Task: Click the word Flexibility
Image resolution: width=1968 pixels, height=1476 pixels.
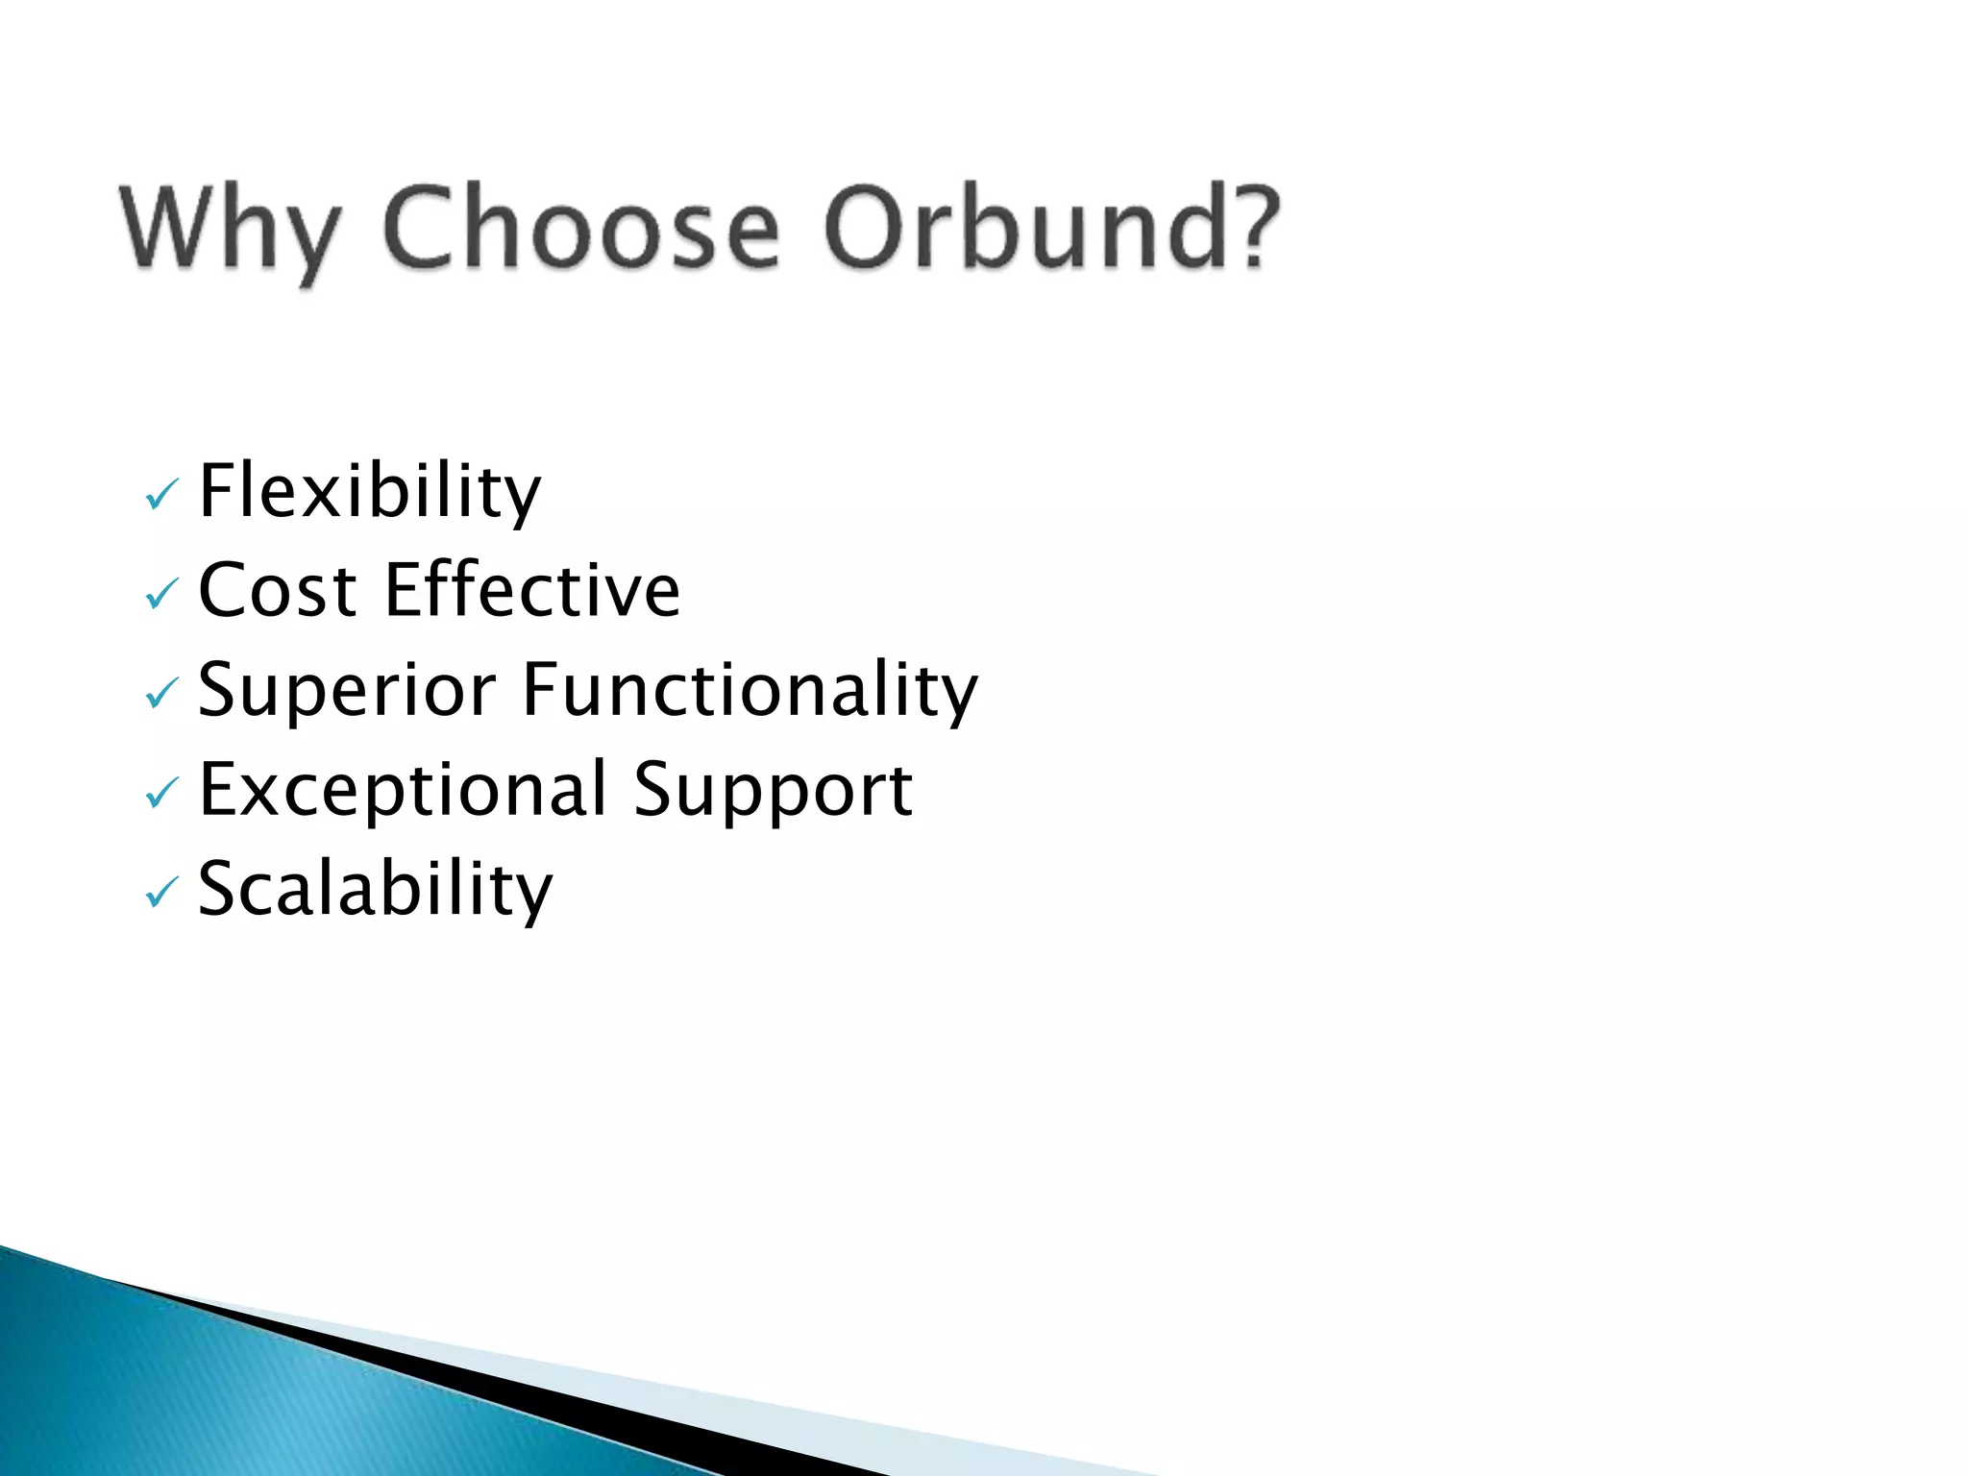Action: pyautogui.click(x=369, y=492)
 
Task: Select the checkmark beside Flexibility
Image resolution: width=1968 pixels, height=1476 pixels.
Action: pyautogui.click(x=160, y=496)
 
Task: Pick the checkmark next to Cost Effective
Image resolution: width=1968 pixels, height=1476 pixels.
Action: pyautogui.click(x=160, y=595)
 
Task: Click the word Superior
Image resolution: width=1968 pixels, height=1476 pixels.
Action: pyautogui.click(x=346, y=690)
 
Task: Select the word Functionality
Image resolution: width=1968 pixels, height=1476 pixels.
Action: pyautogui.click(x=750, y=690)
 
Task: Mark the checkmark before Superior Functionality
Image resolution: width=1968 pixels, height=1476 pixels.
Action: pyautogui.click(x=160, y=694)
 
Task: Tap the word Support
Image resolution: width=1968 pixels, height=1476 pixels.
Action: pyautogui.click(x=773, y=790)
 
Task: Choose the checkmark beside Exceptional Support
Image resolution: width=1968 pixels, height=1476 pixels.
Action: pyautogui.click(x=160, y=794)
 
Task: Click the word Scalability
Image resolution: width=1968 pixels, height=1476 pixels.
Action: pyautogui.click(x=375, y=890)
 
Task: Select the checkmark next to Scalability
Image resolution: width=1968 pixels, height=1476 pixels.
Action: pyautogui.click(x=160, y=894)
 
